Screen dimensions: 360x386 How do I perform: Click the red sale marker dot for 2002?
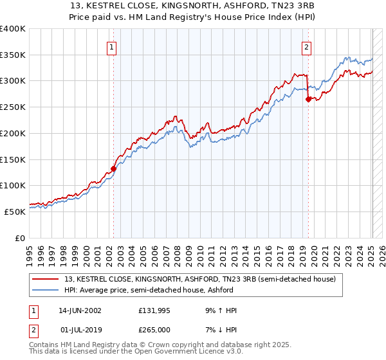pyautogui.click(x=114, y=169)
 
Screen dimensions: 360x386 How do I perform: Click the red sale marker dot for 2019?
pyautogui.click(x=308, y=99)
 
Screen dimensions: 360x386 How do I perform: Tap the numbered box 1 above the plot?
pyautogui.click(x=111, y=46)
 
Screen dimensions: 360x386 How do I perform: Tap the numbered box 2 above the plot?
pyautogui.click(x=306, y=46)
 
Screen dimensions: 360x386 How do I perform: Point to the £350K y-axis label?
pyautogui.click(x=13, y=55)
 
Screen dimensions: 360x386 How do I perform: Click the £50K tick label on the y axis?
pyautogui.click(x=15, y=212)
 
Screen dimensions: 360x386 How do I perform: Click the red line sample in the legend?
pyautogui.click(x=46, y=279)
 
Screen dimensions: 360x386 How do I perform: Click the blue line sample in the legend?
pyautogui.click(x=46, y=290)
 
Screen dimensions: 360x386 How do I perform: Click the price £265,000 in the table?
pyautogui.click(x=154, y=330)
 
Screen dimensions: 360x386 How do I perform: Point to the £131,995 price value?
pyautogui.click(x=154, y=310)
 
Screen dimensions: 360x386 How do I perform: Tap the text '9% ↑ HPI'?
pyautogui.click(x=219, y=310)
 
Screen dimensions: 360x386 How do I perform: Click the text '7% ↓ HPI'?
pyautogui.click(x=219, y=330)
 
